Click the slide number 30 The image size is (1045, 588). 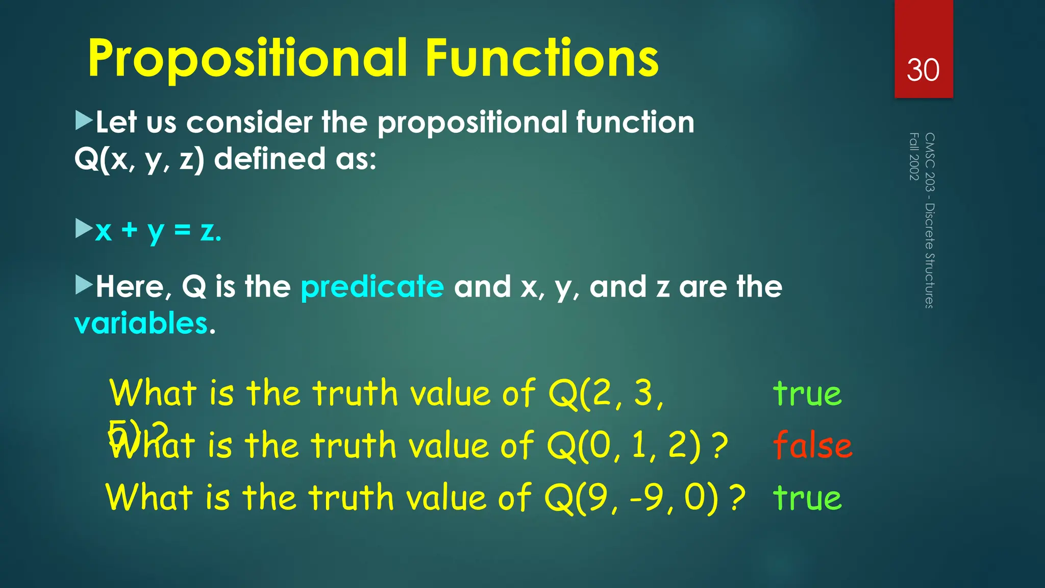(923, 70)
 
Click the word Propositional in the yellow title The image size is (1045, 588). (248, 59)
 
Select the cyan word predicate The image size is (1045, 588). (372, 286)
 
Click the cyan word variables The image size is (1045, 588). (141, 323)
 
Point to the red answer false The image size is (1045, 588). (812, 445)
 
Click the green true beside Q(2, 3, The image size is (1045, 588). (807, 394)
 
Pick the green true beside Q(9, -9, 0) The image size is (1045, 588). (807, 498)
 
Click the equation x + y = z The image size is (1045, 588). (158, 231)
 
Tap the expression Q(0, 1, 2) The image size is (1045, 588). (624, 445)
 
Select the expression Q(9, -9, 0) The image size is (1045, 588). (632, 498)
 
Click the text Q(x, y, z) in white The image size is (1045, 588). (139, 159)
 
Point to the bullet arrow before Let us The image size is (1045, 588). (83, 121)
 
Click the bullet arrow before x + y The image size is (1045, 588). (83, 229)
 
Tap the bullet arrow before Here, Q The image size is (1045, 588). (83, 285)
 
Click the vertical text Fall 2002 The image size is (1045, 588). (914, 156)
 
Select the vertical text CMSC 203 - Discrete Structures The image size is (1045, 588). (930, 220)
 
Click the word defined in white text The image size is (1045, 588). (269, 159)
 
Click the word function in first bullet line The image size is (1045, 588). (635, 122)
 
